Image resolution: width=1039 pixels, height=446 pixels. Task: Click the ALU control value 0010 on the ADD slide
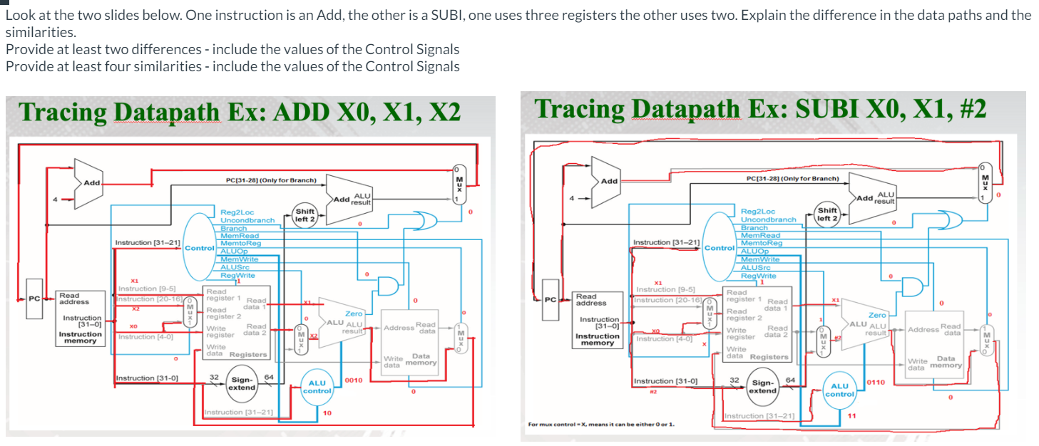(x=354, y=380)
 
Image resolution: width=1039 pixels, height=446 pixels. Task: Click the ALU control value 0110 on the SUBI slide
(x=875, y=383)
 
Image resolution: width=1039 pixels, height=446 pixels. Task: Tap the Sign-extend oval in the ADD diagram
(x=242, y=383)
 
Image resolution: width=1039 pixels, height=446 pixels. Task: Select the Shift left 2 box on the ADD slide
(x=305, y=214)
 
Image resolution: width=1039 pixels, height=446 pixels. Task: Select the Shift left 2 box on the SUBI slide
(x=828, y=214)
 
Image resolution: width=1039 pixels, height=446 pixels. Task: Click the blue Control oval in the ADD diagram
(x=199, y=248)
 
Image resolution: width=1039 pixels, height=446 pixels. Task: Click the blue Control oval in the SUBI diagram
(x=720, y=248)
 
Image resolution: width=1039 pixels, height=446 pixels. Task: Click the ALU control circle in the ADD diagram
(x=317, y=386)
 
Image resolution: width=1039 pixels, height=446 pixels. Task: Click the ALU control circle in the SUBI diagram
(x=839, y=389)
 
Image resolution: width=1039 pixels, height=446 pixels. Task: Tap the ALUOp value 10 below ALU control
(x=327, y=413)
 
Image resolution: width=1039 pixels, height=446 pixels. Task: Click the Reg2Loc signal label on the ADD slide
(x=237, y=212)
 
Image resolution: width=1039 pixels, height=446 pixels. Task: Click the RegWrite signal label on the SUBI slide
(x=759, y=275)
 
